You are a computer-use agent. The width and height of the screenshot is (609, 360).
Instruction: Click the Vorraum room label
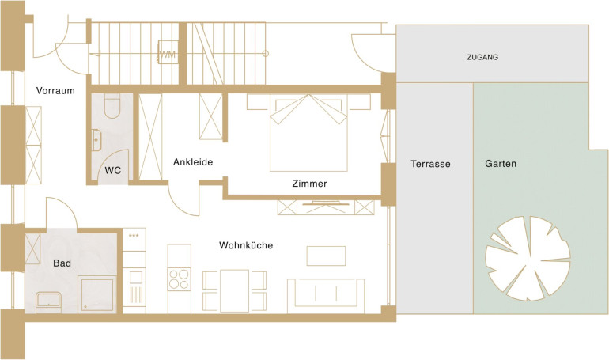(x=55, y=91)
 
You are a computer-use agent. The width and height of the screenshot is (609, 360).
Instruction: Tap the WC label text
(x=112, y=170)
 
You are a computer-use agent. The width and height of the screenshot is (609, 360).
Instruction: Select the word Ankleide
(x=193, y=162)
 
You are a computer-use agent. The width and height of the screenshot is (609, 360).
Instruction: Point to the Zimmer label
(x=309, y=184)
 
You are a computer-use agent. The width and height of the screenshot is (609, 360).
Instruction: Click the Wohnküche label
(x=246, y=245)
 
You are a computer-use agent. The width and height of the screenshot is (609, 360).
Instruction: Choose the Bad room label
(x=62, y=263)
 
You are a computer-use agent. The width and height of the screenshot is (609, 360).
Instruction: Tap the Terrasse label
(x=431, y=164)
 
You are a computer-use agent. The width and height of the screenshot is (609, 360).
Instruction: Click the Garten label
(x=501, y=164)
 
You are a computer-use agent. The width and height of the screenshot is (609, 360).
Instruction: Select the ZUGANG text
(x=482, y=57)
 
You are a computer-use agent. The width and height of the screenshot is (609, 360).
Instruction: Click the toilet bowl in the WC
(x=112, y=107)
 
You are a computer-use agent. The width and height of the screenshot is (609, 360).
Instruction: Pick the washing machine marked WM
(x=168, y=52)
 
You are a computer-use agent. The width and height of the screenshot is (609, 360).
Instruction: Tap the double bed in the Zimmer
(x=308, y=132)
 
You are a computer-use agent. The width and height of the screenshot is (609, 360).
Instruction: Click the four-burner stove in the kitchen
(x=179, y=279)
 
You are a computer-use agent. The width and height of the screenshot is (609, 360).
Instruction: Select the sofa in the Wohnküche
(x=326, y=296)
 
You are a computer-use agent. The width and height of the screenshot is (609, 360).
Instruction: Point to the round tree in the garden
(x=528, y=258)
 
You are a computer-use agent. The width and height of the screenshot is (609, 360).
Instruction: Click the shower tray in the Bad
(x=96, y=294)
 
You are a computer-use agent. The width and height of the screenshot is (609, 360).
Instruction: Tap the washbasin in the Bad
(x=48, y=301)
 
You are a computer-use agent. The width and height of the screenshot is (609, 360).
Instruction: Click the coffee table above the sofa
(x=326, y=256)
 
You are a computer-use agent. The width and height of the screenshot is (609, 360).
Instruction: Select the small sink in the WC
(x=96, y=140)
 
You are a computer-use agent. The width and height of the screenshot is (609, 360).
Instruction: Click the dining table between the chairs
(x=235, y=290)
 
